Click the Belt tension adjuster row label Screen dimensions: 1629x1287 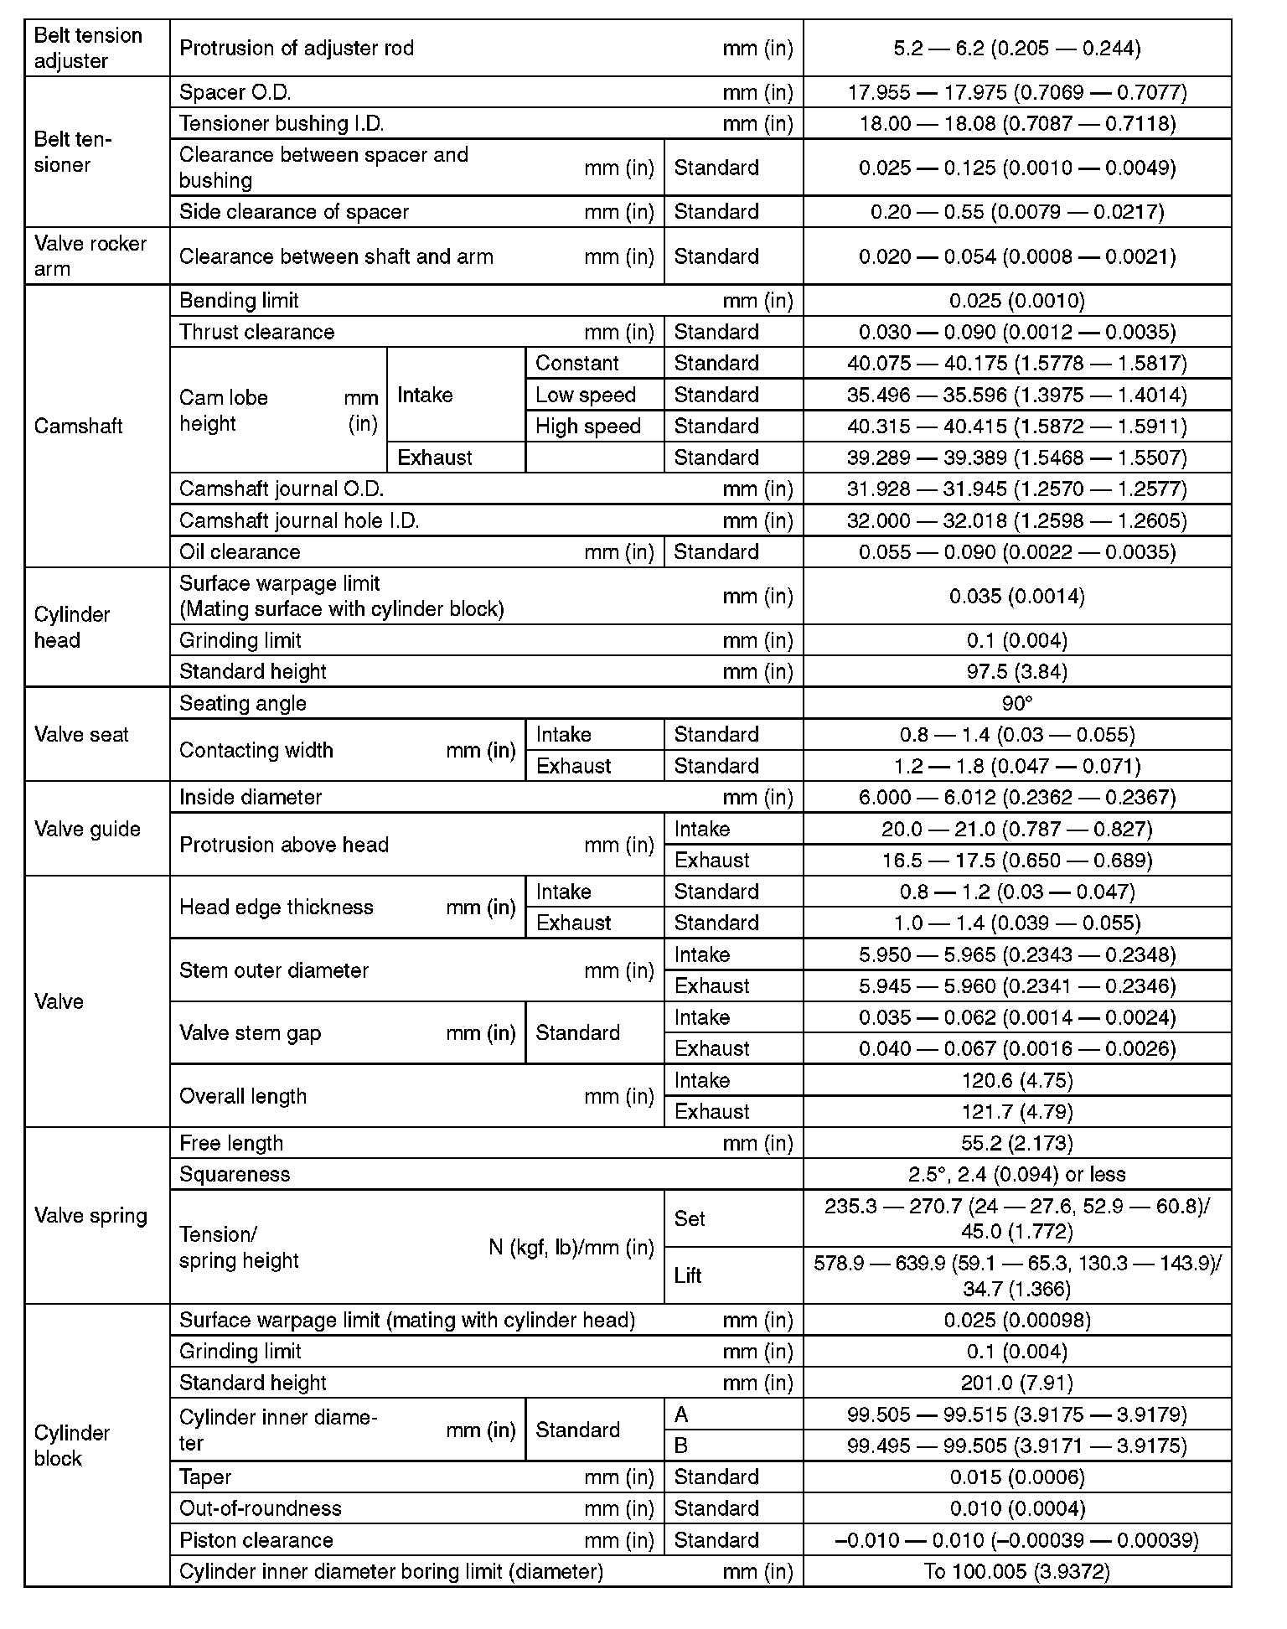click(88, 48)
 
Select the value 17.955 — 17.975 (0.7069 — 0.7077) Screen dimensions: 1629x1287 click(1016, 92)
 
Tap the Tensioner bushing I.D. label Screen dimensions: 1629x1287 click(282, 123)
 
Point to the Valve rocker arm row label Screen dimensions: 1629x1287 click(90, 256)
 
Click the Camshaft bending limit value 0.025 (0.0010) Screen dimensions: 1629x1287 click(1016, 300)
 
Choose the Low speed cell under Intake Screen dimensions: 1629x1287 click(586, 395)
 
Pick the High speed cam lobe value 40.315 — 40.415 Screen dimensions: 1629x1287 click(1016, 426)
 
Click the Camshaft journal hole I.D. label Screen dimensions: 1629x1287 click(299, 520)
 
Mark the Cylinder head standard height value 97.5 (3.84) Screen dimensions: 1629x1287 click(1016, 671)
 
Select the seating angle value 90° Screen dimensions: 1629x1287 click(1016, 703)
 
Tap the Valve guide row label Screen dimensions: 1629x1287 click(87, 829)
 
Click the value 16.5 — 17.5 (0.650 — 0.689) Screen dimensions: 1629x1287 click(1016, 860)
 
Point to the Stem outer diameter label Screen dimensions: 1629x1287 click(274, 970)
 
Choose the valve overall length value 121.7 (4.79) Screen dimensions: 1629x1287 click(1016, 1111)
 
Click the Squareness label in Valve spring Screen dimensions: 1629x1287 click(235, 1174)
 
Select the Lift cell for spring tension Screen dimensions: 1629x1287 click(688, 1275)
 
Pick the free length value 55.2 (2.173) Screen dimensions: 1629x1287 click(1016, 1143)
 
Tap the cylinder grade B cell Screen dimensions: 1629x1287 click(681, 1445)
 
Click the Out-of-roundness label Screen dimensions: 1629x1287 click(261, 1508)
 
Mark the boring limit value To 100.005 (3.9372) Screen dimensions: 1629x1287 click(1016, 1571)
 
